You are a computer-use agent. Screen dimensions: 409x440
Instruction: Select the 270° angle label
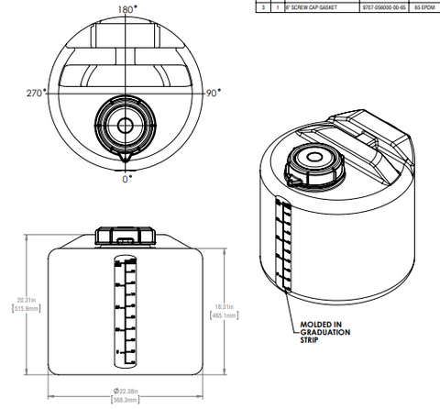[x=37, y=93]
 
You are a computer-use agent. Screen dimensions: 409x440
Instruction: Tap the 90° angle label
[x=214, y=93]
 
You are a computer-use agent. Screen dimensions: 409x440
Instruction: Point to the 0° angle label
[x=126, y=180]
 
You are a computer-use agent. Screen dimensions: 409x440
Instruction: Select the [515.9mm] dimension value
[x=23, y=309]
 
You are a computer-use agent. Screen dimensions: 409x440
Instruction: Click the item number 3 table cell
[x=264, y=6]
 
